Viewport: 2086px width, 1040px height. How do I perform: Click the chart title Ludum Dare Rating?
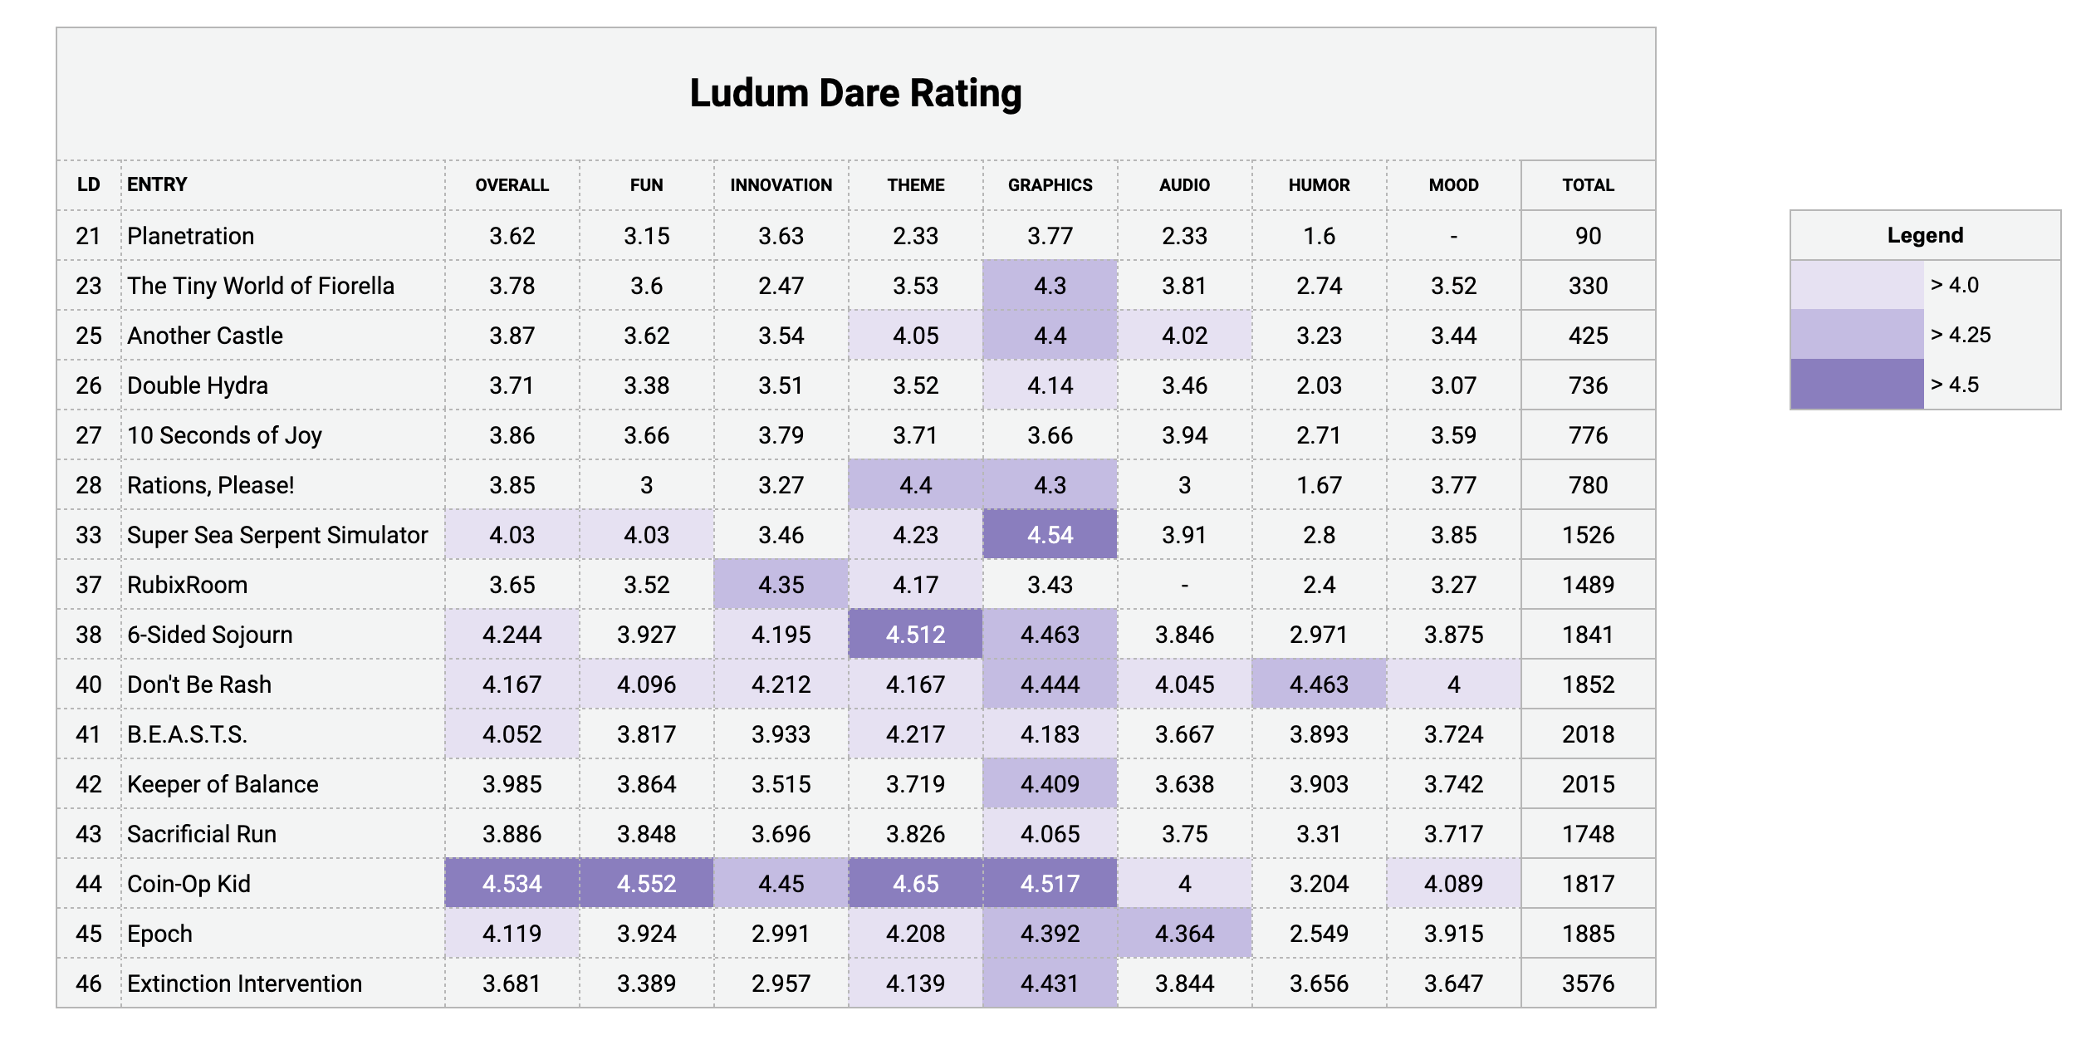tap(855, 93)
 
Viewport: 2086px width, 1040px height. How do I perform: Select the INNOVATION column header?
tap(781, 185)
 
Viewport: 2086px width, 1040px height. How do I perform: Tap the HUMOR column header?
tap(1320, 185)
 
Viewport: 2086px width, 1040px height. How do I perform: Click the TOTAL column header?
tap(1589, 185)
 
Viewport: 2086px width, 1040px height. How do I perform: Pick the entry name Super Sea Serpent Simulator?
tap(277, 535)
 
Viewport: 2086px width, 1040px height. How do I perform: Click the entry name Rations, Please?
tap(211, 485)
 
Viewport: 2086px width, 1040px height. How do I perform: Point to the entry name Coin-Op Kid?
tap(189, 884)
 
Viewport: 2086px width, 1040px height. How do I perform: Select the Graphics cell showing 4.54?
tap(1050, 534)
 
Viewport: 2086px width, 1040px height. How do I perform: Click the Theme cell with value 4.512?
tap(916, 634)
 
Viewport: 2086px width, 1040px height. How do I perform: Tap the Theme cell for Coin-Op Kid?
tap(916, 883)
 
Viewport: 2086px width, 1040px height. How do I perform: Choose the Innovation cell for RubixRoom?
tap(781, 584)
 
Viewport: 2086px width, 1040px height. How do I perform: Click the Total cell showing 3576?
tap(1589, 984)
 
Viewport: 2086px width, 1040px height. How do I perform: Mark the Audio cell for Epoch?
tap(1185, 933)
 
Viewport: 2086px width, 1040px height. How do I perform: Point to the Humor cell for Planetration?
tap(1320, 236)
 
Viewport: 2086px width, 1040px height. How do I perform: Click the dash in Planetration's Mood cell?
tap(1454, 237)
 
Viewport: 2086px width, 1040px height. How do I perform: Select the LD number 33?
tap(89, 535)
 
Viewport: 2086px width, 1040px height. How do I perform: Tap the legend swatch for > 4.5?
tap(1857, 384)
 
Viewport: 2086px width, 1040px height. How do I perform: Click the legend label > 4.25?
tap(1961, 335)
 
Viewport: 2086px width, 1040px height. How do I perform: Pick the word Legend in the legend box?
tap(1925, 235)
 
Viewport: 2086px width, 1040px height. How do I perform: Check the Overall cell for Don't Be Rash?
tap(512, 684)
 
